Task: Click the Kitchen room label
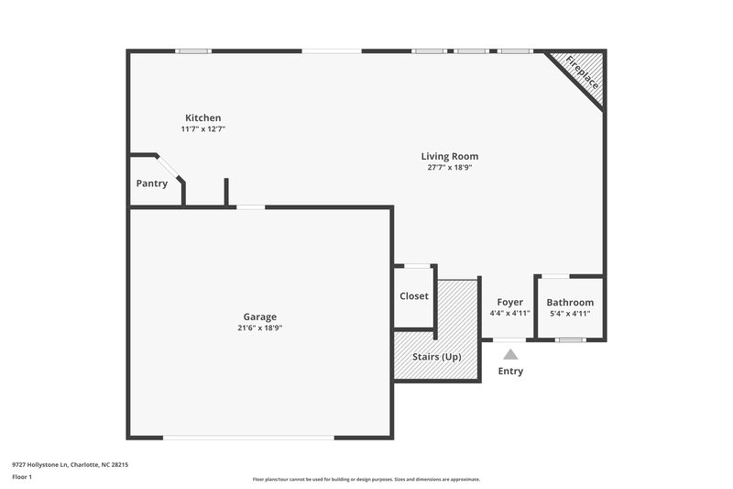(x=202, y=117)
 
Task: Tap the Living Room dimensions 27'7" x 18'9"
(x=449, y=168)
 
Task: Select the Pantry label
(x=152, y=183)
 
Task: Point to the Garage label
(x=259, y=317)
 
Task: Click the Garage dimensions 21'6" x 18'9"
(x=259, y=328)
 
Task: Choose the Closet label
(x=414, y=296)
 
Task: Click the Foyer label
(x=509, y=302)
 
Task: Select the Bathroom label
(x=570, y=302)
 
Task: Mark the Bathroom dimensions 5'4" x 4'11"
(x=570, y=314)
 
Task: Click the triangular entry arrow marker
(x=510, y=353)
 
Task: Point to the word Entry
(x=510, y=371)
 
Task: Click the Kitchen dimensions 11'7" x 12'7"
(x=202, y=129)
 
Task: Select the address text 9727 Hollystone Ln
(x=70, y=465)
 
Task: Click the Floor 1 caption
(x=22, y=478)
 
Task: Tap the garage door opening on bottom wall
(x=248, y=437)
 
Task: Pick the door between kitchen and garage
(x=250, y=207)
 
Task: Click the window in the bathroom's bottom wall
(x=570, y=339)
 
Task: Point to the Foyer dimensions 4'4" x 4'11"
(x=509, y=314)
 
